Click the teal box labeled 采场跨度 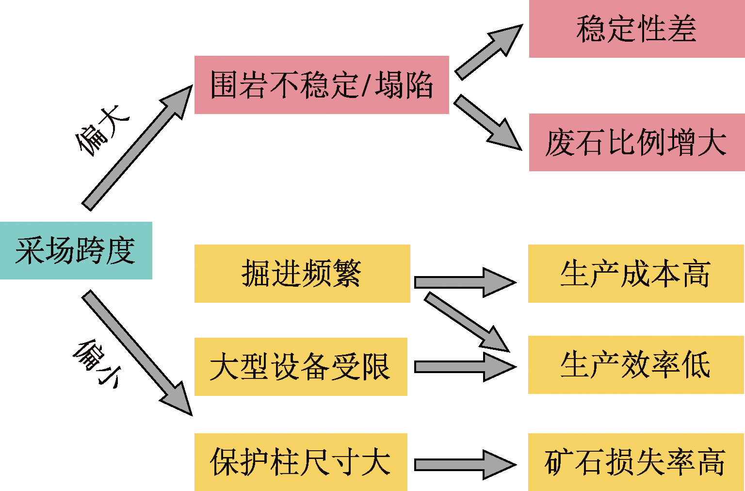coord(76,250)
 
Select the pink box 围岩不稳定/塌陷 coord(321,85)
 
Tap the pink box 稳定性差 coord(636,29)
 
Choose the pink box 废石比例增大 coord(636,142)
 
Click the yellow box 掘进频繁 coord(302,273)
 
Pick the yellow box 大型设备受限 coord(300,366)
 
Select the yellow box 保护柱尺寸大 coord(300,462)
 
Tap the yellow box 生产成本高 coord(635,273)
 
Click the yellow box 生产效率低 coord(635,364)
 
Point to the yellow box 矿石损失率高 coord(635,462)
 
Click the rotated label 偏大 coord(102,130)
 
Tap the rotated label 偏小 coord(97,363)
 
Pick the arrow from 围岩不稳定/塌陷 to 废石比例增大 coord(486,121)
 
